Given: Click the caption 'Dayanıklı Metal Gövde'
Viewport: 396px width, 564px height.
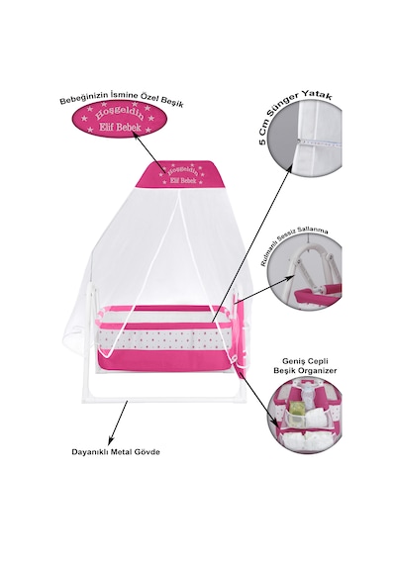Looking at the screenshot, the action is [116, 452].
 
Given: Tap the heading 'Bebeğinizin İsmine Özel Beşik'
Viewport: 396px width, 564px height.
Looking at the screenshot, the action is [122, 100].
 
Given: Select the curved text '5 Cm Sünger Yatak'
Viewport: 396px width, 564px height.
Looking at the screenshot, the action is [292, 115].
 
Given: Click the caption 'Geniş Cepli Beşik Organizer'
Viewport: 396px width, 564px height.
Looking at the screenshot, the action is [305, 366].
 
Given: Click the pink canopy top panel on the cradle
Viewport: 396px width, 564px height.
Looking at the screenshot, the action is [181, 174].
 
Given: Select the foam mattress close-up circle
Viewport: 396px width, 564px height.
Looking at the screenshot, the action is [305, 140].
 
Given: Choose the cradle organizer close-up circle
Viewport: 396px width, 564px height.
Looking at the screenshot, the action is [307, 417].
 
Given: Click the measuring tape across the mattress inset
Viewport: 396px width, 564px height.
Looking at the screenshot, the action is [319, 142].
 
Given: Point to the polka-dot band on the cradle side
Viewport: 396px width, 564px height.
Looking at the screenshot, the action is [164, 339].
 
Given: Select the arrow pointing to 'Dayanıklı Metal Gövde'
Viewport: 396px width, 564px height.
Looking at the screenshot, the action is [118, 423].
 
